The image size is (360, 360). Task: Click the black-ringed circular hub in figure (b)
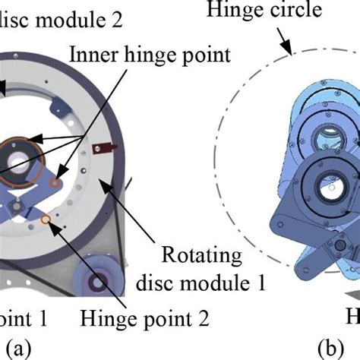click(x=325, y=185)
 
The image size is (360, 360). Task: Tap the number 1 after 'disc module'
click(x=261, y=285)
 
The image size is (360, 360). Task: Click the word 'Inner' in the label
click(x=90, y=55)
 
